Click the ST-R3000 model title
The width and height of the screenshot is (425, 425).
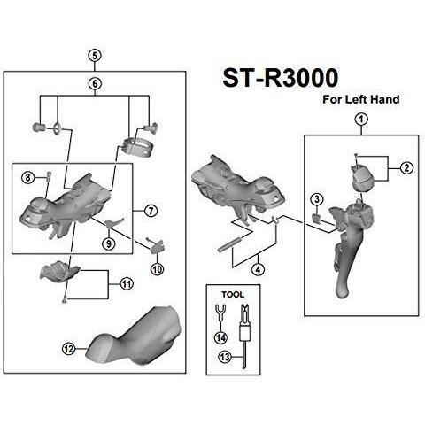281,78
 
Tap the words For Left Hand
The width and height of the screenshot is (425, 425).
361,99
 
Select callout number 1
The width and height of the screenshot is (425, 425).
361,120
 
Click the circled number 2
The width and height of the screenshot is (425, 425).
406,168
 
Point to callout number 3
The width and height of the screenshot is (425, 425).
317,199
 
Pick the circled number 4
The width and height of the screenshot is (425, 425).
259,269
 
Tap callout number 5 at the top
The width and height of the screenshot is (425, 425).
95,56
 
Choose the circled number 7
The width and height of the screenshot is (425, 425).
151,211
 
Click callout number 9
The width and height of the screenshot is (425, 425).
109,243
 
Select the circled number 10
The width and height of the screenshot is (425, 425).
157,269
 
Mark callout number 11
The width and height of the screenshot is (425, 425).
127,284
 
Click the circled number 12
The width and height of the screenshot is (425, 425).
69,349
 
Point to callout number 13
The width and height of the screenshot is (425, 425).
225,357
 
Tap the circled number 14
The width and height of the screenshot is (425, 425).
220,337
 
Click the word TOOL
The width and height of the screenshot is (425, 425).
233,294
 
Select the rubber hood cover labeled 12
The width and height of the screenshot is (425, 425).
135,336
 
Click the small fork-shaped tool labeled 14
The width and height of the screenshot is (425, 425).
220,313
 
